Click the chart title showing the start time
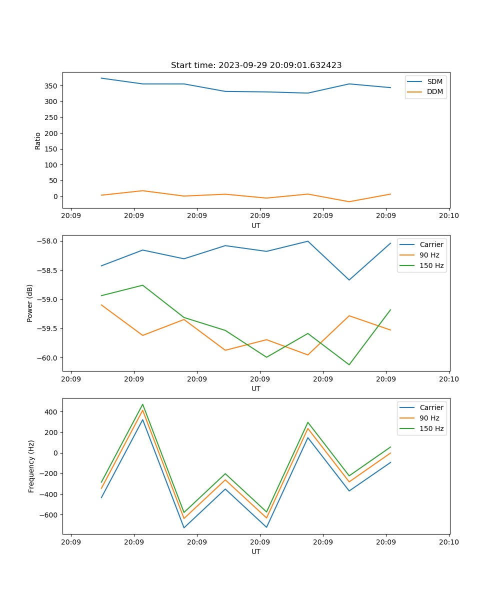pos(256,65)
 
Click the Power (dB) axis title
pos(30,303)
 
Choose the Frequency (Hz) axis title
pos(31,466)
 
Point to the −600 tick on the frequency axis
pos(50,515)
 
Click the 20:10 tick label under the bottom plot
pos(448,542)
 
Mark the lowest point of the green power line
pos(349,364)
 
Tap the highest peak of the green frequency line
pos(142,404)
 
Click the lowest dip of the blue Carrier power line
pos(349,280)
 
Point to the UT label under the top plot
pos(256,225)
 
